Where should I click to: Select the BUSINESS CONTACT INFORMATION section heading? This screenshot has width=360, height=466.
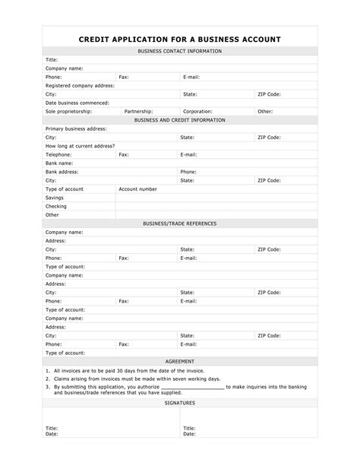(179, 51)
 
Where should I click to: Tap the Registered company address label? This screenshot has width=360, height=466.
(80, 86)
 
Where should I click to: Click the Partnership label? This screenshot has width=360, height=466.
(138, 111)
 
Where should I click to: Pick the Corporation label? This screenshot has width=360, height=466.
(197, 111)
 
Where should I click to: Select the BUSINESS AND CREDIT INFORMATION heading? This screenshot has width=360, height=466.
(179, 120)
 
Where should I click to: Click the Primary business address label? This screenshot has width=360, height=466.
(75, 129)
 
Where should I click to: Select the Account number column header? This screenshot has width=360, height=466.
(138, 189)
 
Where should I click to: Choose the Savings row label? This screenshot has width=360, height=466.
(56, 198)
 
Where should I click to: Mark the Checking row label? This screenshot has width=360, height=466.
(56, 206)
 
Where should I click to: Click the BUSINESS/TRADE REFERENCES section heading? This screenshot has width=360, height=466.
(179, 223)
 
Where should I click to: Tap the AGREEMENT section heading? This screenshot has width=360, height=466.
(179, 361)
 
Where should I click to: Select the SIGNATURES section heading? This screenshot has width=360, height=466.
(179, 403)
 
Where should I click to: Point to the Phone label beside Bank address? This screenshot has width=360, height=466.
(188, 172)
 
